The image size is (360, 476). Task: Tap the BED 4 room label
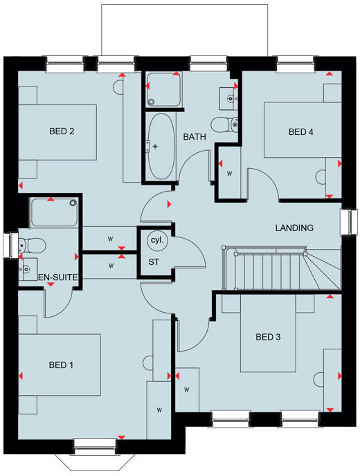pyautogui.click(x=301, y=131)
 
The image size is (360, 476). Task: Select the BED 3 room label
pyautogui.click(x=268, y=338)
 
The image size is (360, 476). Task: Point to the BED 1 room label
pyautogui.click(x=62, y=365)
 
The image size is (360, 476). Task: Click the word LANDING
pyautogui.click(x=294, y=228)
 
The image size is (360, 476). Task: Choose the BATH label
pyautogui.click(x=195, y=137)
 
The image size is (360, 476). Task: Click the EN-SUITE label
pyautogui.click(x=58, y=277)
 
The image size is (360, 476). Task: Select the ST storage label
pyautogui.click(x=154, y=262)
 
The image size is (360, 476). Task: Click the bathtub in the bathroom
pyautogui.click(x=159, y=146)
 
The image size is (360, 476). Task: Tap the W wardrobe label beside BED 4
pyautogui.click(x=229, y=173)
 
